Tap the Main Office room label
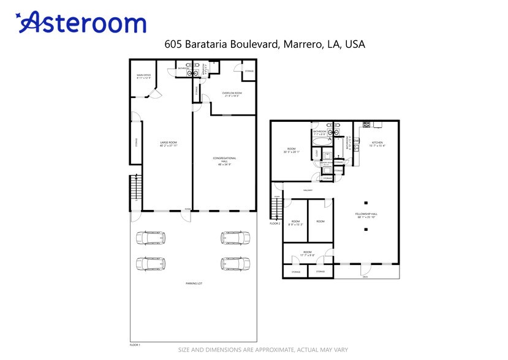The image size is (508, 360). (143, 77)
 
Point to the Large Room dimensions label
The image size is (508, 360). (169, 144)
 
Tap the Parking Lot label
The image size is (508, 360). (194, 283)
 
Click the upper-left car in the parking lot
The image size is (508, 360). (150, 238)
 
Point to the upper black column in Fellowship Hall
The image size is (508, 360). (365, 203)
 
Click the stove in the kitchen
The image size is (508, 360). (366, 124)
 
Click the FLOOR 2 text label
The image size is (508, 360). (275, 223)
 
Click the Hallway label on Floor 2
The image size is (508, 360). (307, 190)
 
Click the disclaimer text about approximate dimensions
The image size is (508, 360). (263, 350)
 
